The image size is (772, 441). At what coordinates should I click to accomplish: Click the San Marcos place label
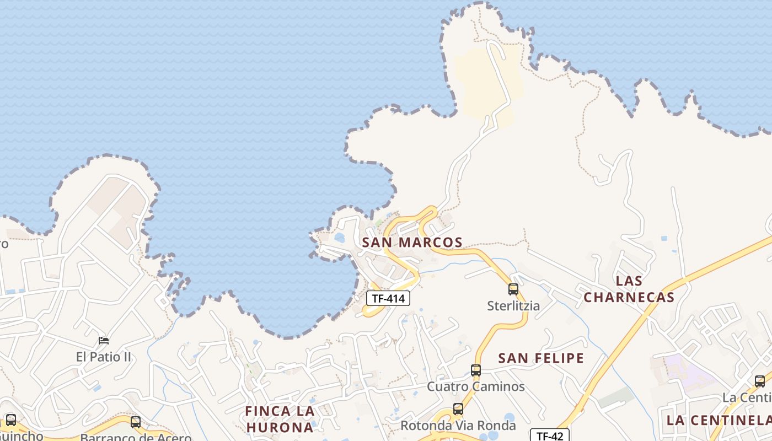412,242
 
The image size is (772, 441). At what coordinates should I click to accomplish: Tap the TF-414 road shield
388,298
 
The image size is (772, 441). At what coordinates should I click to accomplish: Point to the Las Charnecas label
629,289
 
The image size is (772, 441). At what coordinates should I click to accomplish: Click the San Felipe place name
541,358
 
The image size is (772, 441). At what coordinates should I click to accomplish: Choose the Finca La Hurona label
280,419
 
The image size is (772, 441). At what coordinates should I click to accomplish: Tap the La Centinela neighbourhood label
719,420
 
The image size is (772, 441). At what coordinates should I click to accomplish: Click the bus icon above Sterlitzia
513,289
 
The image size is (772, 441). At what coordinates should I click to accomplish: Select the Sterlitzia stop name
513,305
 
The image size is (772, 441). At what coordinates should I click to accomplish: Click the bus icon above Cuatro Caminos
476,370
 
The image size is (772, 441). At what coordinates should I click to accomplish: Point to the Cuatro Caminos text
476,386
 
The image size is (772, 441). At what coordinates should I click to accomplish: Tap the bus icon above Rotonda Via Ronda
458,409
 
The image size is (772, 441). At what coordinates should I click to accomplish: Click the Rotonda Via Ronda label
458,426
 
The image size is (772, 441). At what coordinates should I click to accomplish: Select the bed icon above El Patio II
104,341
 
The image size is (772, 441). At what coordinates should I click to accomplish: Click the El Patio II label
104,357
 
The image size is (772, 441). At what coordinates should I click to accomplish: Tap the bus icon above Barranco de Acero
136,422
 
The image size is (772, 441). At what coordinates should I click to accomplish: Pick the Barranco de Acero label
136,437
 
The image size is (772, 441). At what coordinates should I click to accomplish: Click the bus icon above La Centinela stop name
760,381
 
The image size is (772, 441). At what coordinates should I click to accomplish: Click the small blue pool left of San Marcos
340,238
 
